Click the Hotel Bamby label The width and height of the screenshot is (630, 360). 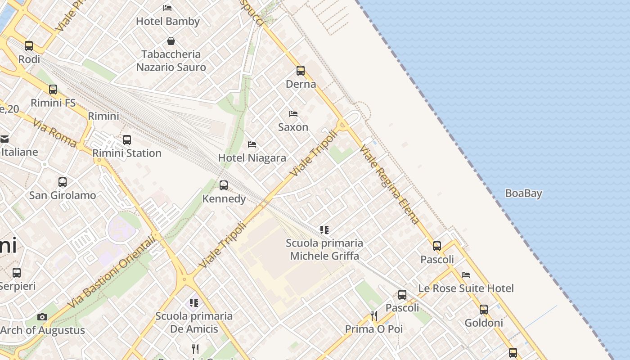tap(167, 21)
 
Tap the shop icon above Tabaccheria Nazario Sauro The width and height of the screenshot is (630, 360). tap(171, 41)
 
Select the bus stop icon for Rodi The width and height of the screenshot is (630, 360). tap(29, 45)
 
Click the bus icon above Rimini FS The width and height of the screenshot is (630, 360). tap(53, 89)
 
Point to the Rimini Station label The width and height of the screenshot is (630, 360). tap(127, 153)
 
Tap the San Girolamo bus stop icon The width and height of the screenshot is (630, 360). tap(63, 182)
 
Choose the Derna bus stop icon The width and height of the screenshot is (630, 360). tap(301, 71)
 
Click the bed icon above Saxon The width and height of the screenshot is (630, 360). tap(293, 114)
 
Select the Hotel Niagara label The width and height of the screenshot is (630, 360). tap(252, 158)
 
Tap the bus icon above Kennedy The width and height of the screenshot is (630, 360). tap(224, 185)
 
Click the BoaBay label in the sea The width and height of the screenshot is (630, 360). tap(523, 193)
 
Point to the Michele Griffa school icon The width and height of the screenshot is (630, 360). tap(324, 230)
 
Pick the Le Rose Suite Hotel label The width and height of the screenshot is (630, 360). tap(466, 288)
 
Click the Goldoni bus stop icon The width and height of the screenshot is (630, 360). tap(484, 310)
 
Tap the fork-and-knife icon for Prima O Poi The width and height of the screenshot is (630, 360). tap(374, 315)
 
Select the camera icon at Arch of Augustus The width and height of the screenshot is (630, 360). tap(42, 317)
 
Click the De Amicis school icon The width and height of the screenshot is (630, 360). tap(194, 302)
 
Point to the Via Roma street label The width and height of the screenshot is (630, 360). tap(54, 133)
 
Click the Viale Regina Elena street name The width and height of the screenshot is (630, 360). tap(390, 184)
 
